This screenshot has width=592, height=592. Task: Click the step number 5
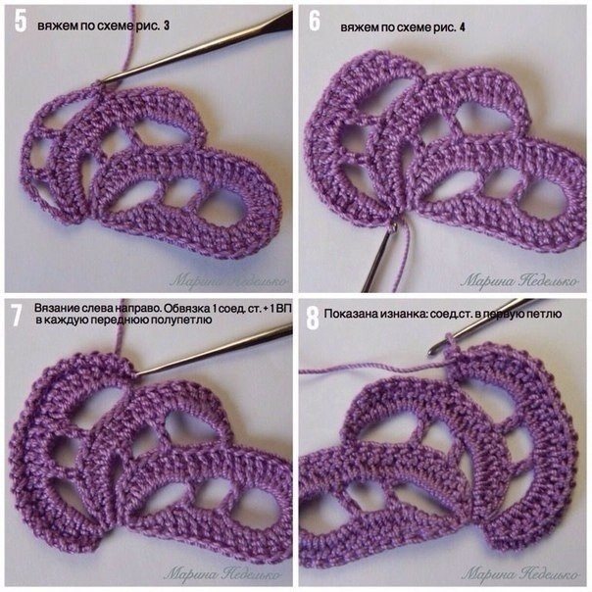[x=21, y=22]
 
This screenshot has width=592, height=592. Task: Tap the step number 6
[x=315, y=21]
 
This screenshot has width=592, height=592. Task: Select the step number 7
[x=16, y=316]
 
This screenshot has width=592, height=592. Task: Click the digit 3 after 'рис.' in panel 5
[x=167, y=25]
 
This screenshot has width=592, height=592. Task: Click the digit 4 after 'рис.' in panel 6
[x=462, y=27]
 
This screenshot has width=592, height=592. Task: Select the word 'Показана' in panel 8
[x=343, y=313]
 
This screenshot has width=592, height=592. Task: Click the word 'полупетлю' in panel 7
[x=186, y=321]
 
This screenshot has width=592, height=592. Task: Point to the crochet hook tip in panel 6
[x=394, y=227]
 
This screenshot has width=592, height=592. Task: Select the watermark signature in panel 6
[x=519, y=280]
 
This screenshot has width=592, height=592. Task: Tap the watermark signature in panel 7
[x=222, y=574]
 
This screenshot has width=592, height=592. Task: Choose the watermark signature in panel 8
[x=519, y=574]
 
